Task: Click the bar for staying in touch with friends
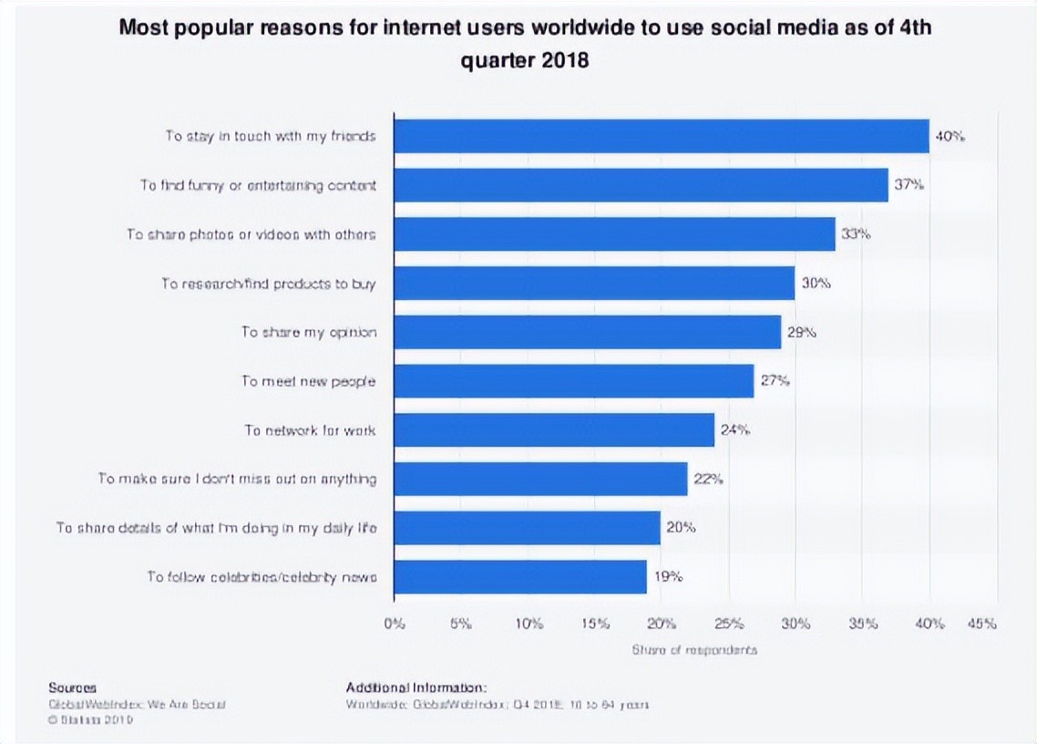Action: pos(662,136)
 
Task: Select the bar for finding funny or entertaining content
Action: pos(642,185)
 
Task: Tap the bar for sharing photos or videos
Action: pos(615,234)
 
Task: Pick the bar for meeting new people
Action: pos(574,381)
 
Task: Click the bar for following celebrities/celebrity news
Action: pos(520,577)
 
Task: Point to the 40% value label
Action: pos(950,137)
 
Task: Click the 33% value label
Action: pos(856,234)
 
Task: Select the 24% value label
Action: pos(734,429)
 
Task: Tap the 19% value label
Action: pos(667,577)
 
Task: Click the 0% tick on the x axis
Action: pos(395,625)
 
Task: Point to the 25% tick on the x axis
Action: pos(729,625)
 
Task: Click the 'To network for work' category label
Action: pos(310,429)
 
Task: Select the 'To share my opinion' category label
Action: pos(308,332)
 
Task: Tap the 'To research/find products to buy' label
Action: pos(269,284)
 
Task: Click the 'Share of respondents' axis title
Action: pos(694,650)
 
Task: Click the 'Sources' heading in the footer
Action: pos(72,687)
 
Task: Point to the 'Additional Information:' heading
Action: pos(416,687)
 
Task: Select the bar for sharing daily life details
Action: pos(528,528)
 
